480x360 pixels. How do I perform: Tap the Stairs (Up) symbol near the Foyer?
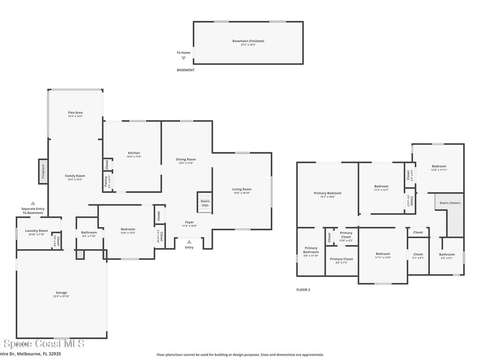pyautogui.click(x=204, y=202)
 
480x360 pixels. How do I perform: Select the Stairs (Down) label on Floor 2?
pyautogui.click(x=450, y=203)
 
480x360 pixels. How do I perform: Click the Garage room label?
pyautogui.click(x=61, y=292)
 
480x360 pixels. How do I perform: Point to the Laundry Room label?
pyautogui.click(x=37, y=231)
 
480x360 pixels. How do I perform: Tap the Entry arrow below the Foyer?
pyautogui.click(x=189, y=242)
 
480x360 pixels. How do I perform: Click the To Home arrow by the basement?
pyautogui.click(x=183, y=58)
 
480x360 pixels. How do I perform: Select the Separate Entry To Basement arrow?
pyautogui.click(x=33, y=203)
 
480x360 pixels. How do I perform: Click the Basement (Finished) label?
pyautogui.click(x=247, y=41)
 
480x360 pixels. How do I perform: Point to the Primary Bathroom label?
pyautogui.click(x=311, y=250)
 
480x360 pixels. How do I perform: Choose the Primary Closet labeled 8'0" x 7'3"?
pyautogui.click(x=341, y=259)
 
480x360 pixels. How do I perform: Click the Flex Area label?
pyautogui.click(x=75, y=112)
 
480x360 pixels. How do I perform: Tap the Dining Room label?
pyautogui.click(x=186, y=159)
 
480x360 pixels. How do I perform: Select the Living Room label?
pyautogui.click(x=242, y=189)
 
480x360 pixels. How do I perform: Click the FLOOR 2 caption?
pyautogui.click(x=303, y=290)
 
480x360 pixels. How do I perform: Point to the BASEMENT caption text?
pyautogui.click(x=185, y=70)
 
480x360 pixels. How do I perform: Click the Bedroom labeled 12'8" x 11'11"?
pyautogui.click(x=439, y=166)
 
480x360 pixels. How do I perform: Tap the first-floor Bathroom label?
pyautogui.click(x=89, y=232)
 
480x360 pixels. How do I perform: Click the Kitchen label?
pyautogui.click(x=134, y=153)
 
